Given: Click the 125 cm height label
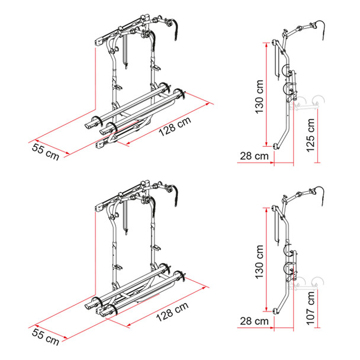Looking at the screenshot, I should click(x=310, y=134).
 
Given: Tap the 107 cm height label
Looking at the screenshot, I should click(x=310, y=312).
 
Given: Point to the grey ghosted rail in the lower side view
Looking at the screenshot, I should click(x=310, y=282).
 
